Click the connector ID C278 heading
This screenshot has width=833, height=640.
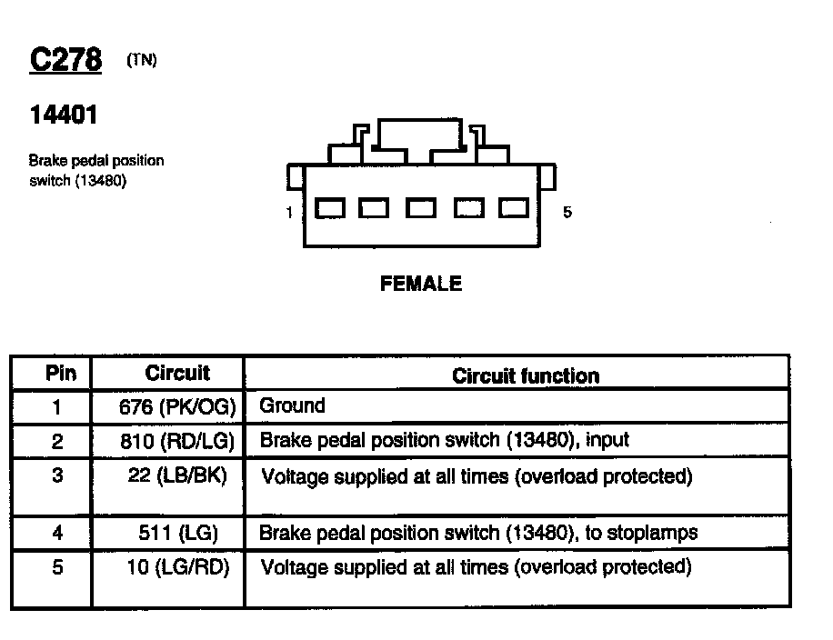click(65, 60)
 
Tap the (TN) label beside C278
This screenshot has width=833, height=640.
click(142, 61)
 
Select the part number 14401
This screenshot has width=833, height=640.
click(64, 115)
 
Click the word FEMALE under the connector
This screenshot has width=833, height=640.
click(420, 284)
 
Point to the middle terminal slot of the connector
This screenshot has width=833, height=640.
click(421, 209)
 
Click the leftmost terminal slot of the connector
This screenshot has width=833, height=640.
click(330, 209)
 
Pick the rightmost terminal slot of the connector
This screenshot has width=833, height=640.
click(513, 209)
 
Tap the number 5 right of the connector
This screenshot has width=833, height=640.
click(567, 213)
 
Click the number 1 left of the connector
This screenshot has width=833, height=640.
click(289, 213)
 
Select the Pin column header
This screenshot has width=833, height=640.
click(61, 374)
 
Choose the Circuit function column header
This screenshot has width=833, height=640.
click(526, 375)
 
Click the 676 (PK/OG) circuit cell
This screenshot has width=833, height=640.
click(177, 407)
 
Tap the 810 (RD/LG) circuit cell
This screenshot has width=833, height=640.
click(177, 442)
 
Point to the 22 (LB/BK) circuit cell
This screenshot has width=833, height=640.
click(177, 475)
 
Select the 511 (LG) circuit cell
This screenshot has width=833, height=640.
click(179, 533)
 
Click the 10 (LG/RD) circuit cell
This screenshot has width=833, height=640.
click(178, 568)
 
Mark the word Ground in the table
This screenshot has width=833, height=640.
click(292, 405)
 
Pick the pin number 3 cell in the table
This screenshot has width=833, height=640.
click(57, 475)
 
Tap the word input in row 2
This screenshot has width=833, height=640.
click(607, 441)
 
